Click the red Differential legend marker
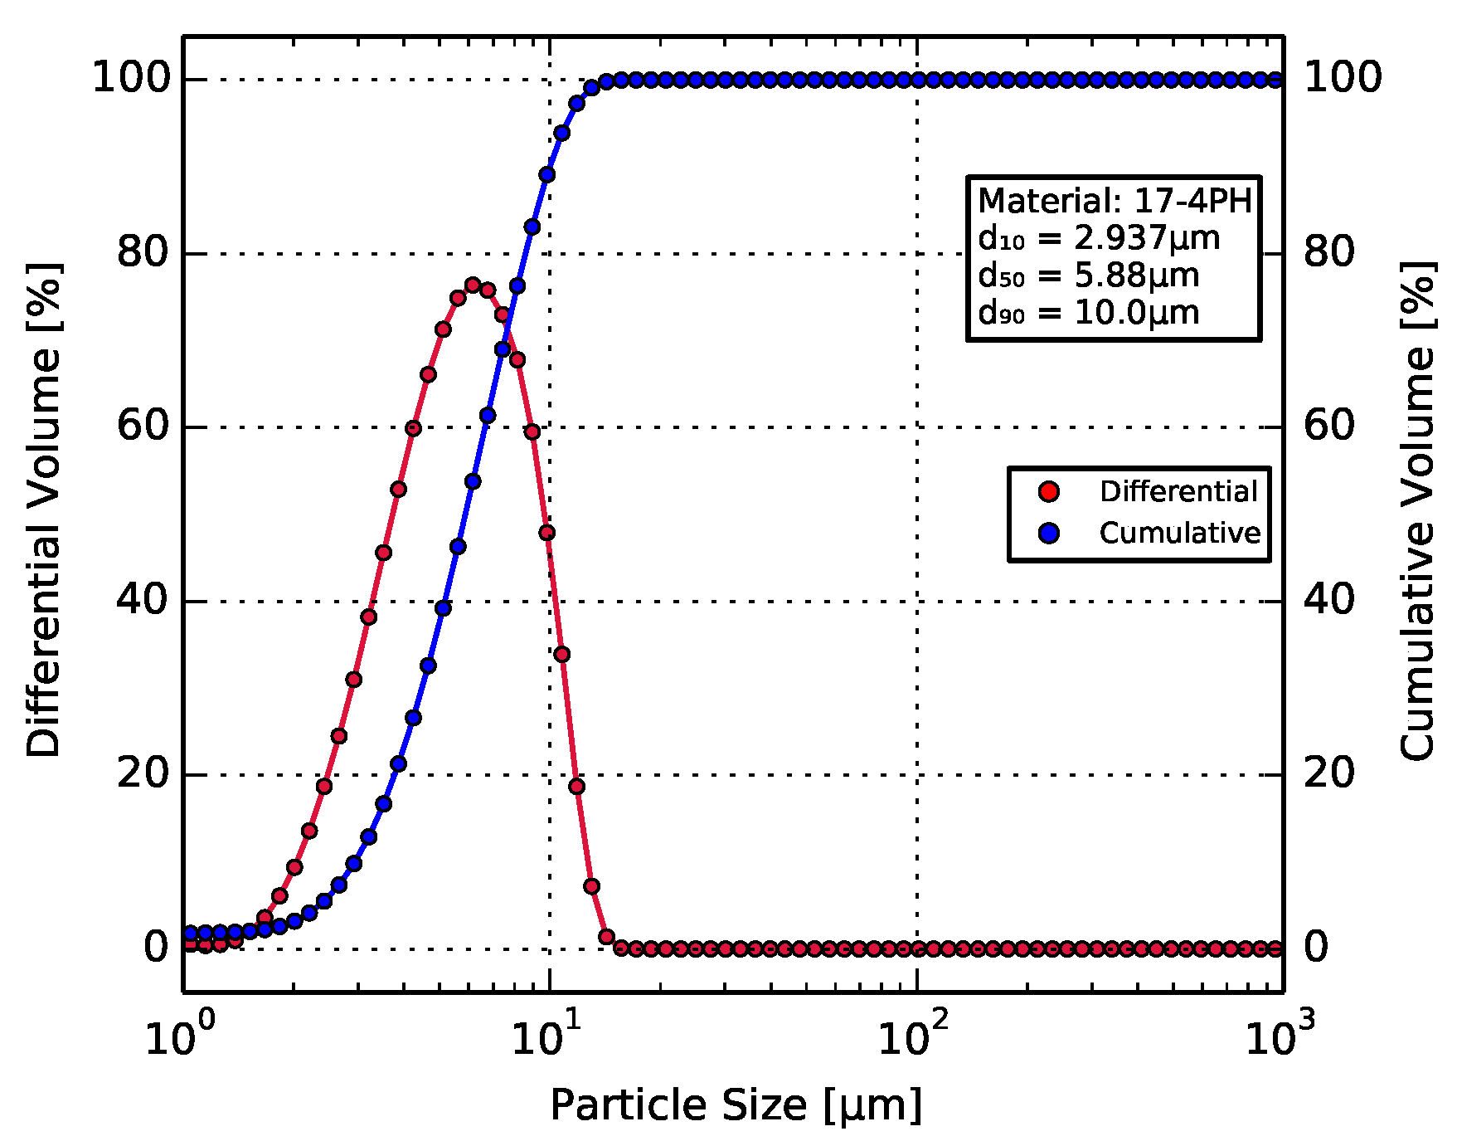click(1049, 491)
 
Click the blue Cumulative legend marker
click(1049, 533)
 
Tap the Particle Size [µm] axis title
click(736, 1105)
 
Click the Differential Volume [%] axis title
click(43, 510)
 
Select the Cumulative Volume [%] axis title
click(1418, 510)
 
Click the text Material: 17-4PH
click(1114, 201)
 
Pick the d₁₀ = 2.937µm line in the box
click(1099, 238)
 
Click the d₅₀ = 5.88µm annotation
click(1088, 275)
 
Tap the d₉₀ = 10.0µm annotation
click(1088, 313)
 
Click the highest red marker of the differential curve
click(473, 285)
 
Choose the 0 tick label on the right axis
click(1316, 947)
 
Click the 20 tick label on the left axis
click(143, 773)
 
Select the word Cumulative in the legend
click(1179, 533)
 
